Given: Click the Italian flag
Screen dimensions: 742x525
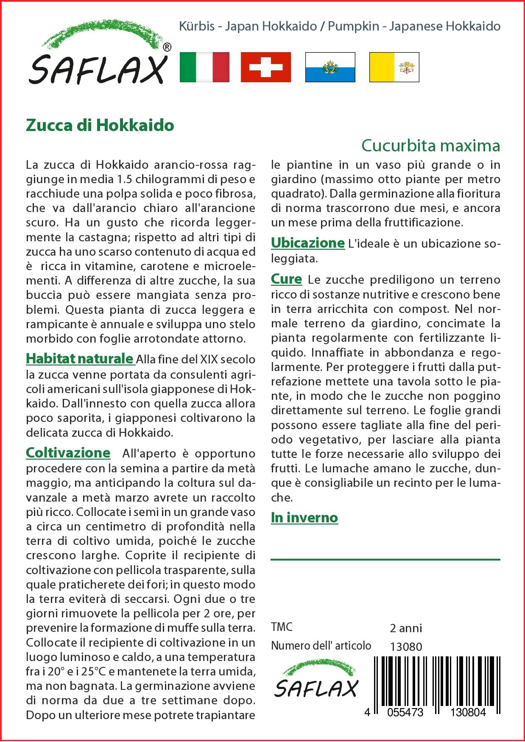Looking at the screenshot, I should point(204,67).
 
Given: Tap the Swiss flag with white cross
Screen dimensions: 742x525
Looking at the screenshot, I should point(266,67).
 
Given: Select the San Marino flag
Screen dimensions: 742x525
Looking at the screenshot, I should point(330,67).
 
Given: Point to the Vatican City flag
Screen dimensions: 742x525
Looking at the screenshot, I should point(394,67).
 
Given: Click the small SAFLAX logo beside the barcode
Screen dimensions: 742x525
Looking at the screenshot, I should point(316,683).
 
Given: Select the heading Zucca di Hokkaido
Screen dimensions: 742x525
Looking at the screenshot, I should point(100,125).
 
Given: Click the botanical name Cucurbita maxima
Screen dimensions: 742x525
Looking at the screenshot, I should point(430,145).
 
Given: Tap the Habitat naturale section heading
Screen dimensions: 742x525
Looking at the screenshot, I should point(80,359).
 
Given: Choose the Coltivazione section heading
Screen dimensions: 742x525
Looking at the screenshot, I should point(68,452).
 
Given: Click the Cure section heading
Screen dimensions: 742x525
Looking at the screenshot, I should point(286,279).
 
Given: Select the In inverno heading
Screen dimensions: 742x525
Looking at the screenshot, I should point(304,517).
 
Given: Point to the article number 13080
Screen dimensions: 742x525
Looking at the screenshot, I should point(406,647).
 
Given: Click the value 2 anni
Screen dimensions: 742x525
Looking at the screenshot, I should point(406,628).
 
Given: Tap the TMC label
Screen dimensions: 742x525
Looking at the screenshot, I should point(282,627).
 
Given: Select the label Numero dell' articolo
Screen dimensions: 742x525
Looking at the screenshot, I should point(321,646).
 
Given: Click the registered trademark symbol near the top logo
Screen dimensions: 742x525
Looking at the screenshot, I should point(167,47).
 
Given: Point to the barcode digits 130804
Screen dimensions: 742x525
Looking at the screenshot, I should point(466,712).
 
